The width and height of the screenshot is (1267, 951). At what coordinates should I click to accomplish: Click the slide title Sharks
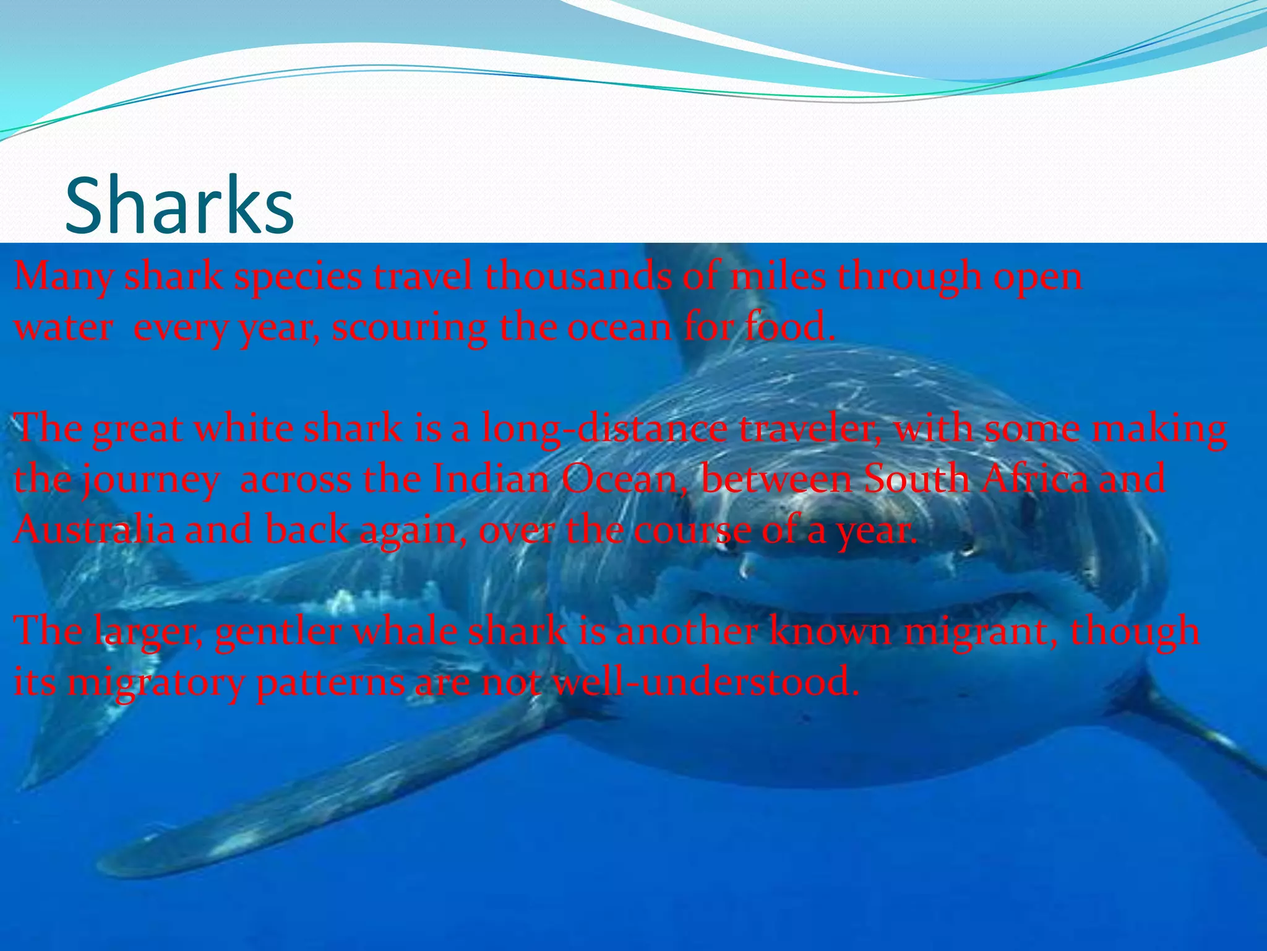[179, 206]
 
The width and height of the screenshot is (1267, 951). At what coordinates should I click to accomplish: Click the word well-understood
[705, 682]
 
